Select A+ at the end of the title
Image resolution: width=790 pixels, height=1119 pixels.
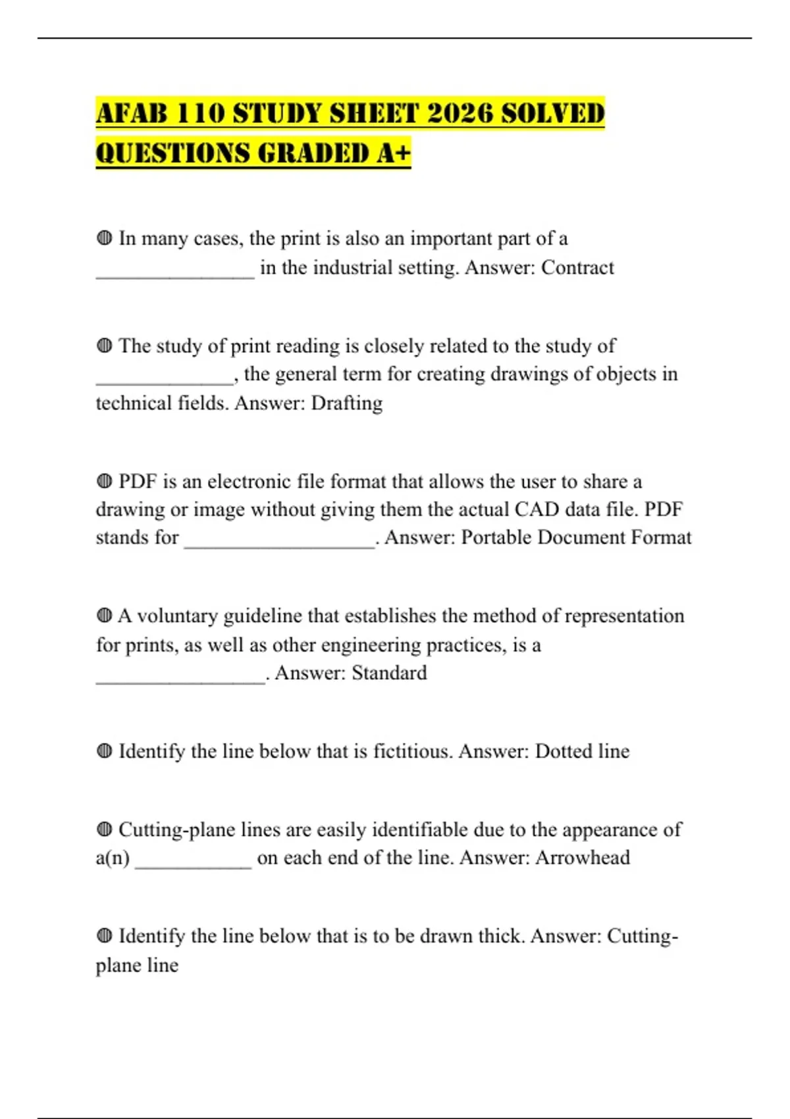pyautogui.click(x=394, y=153)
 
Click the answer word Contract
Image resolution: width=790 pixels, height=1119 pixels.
pyautogui.click(x=577, y=268)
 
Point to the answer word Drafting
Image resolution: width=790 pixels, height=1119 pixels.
pyautogui.click(x=346, y=403)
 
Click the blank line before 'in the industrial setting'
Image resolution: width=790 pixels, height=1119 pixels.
pyautogui.click(x=175, y=277)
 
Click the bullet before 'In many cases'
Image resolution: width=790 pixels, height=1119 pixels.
pyautogui.click(x=104, y=238)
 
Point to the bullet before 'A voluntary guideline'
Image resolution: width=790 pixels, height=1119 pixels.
pyautogui.click(x=104, y=616)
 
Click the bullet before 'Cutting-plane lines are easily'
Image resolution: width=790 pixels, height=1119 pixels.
pyautogui.click(x=104, y=829)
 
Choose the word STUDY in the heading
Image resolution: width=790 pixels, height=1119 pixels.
pyautogui.click(x=277, y=114)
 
